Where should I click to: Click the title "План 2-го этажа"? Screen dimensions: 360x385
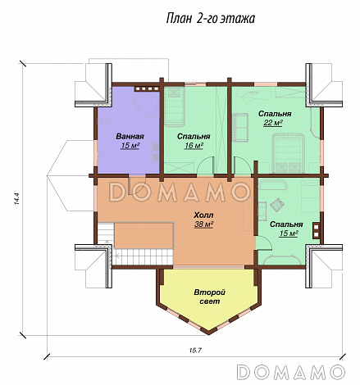coord(211,19)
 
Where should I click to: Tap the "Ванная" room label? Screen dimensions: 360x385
coord(130,136)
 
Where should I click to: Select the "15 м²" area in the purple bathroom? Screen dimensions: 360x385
coord(130,146)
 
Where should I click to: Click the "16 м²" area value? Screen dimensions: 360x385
coord(194,146)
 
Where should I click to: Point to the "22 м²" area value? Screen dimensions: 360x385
coord(273,123)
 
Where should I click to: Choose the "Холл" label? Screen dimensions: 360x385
coord(203,215)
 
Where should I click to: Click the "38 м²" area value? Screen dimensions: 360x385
coord(203,224)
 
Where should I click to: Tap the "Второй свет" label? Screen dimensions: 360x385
coord(210,297)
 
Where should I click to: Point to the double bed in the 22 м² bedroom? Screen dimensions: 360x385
coord(288,153)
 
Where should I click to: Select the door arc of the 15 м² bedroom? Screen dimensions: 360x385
coord(264,243)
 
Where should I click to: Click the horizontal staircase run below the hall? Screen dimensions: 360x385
coord(143,256)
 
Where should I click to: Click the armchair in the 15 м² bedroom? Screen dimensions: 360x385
coord(277,205)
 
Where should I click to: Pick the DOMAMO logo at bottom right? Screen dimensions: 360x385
coord(291,372)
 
